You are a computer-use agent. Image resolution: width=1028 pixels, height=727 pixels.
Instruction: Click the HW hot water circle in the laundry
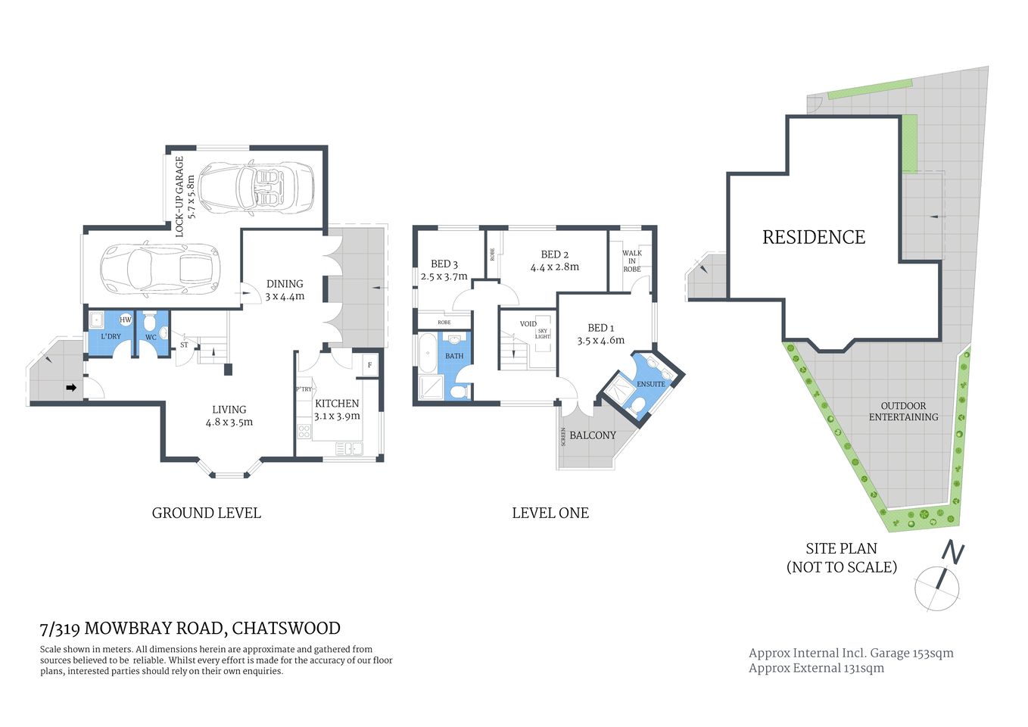pos(126,320)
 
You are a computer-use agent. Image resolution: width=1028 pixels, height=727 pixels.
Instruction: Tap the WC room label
pos(151,337)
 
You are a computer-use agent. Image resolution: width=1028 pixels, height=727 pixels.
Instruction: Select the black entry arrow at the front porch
pos(71,388)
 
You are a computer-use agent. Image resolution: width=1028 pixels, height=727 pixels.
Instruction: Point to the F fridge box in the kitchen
pos(369,365)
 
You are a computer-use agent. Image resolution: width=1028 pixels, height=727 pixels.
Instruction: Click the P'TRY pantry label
pos(304,389)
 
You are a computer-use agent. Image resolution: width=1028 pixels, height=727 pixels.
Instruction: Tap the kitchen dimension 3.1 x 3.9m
pos(337,416)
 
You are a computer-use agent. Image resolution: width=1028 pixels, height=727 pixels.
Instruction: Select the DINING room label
pos(285,284)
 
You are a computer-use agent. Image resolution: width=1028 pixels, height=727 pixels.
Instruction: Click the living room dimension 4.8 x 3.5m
pos(229,422)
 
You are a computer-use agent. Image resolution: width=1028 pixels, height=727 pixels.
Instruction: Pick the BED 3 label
pos(444,264)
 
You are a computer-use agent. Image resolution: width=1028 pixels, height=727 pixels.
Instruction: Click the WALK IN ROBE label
pos(631,261)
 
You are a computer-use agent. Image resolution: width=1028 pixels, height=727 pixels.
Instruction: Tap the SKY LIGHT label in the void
pos(543,333)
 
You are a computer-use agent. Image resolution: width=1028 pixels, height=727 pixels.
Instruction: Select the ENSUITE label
pos(650,384)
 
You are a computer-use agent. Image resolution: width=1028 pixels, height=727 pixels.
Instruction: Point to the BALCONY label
pos(593,435)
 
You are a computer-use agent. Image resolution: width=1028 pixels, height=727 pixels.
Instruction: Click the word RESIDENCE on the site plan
pos(813,237)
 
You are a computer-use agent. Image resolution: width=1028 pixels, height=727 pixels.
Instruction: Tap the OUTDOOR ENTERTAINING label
pos(903,411)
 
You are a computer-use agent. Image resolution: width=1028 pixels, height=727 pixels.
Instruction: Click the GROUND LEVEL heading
pos(207,513)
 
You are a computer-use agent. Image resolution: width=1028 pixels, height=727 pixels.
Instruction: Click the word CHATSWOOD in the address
pos(286,629)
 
